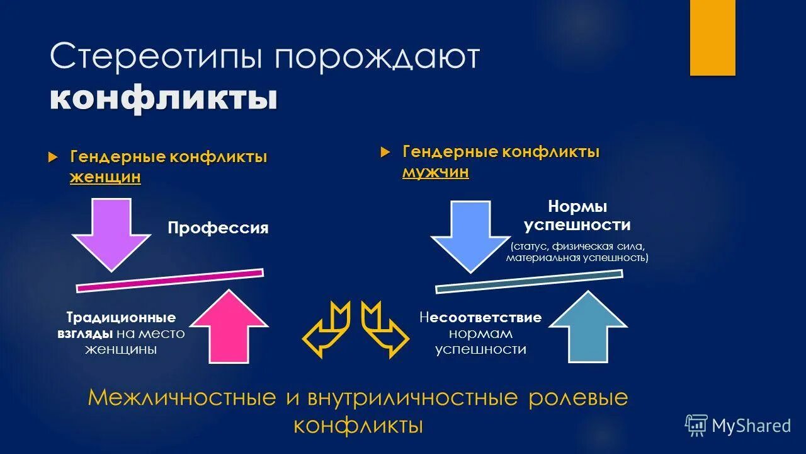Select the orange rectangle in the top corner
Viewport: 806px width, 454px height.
pos(712,37)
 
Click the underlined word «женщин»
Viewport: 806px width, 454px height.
pos(105,178)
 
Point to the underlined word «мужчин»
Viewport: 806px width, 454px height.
pos(436,172)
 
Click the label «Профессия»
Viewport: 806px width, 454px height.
pos(218,228)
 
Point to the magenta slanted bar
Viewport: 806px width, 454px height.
pos(169,281)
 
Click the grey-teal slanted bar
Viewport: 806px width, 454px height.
pos(529,281)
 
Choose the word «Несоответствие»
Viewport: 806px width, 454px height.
pos(480,317)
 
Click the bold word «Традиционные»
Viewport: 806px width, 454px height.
pos(122,317)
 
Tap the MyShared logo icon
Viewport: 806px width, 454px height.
pos(696,426)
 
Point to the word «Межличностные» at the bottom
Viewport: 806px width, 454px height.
pos(182,398)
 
